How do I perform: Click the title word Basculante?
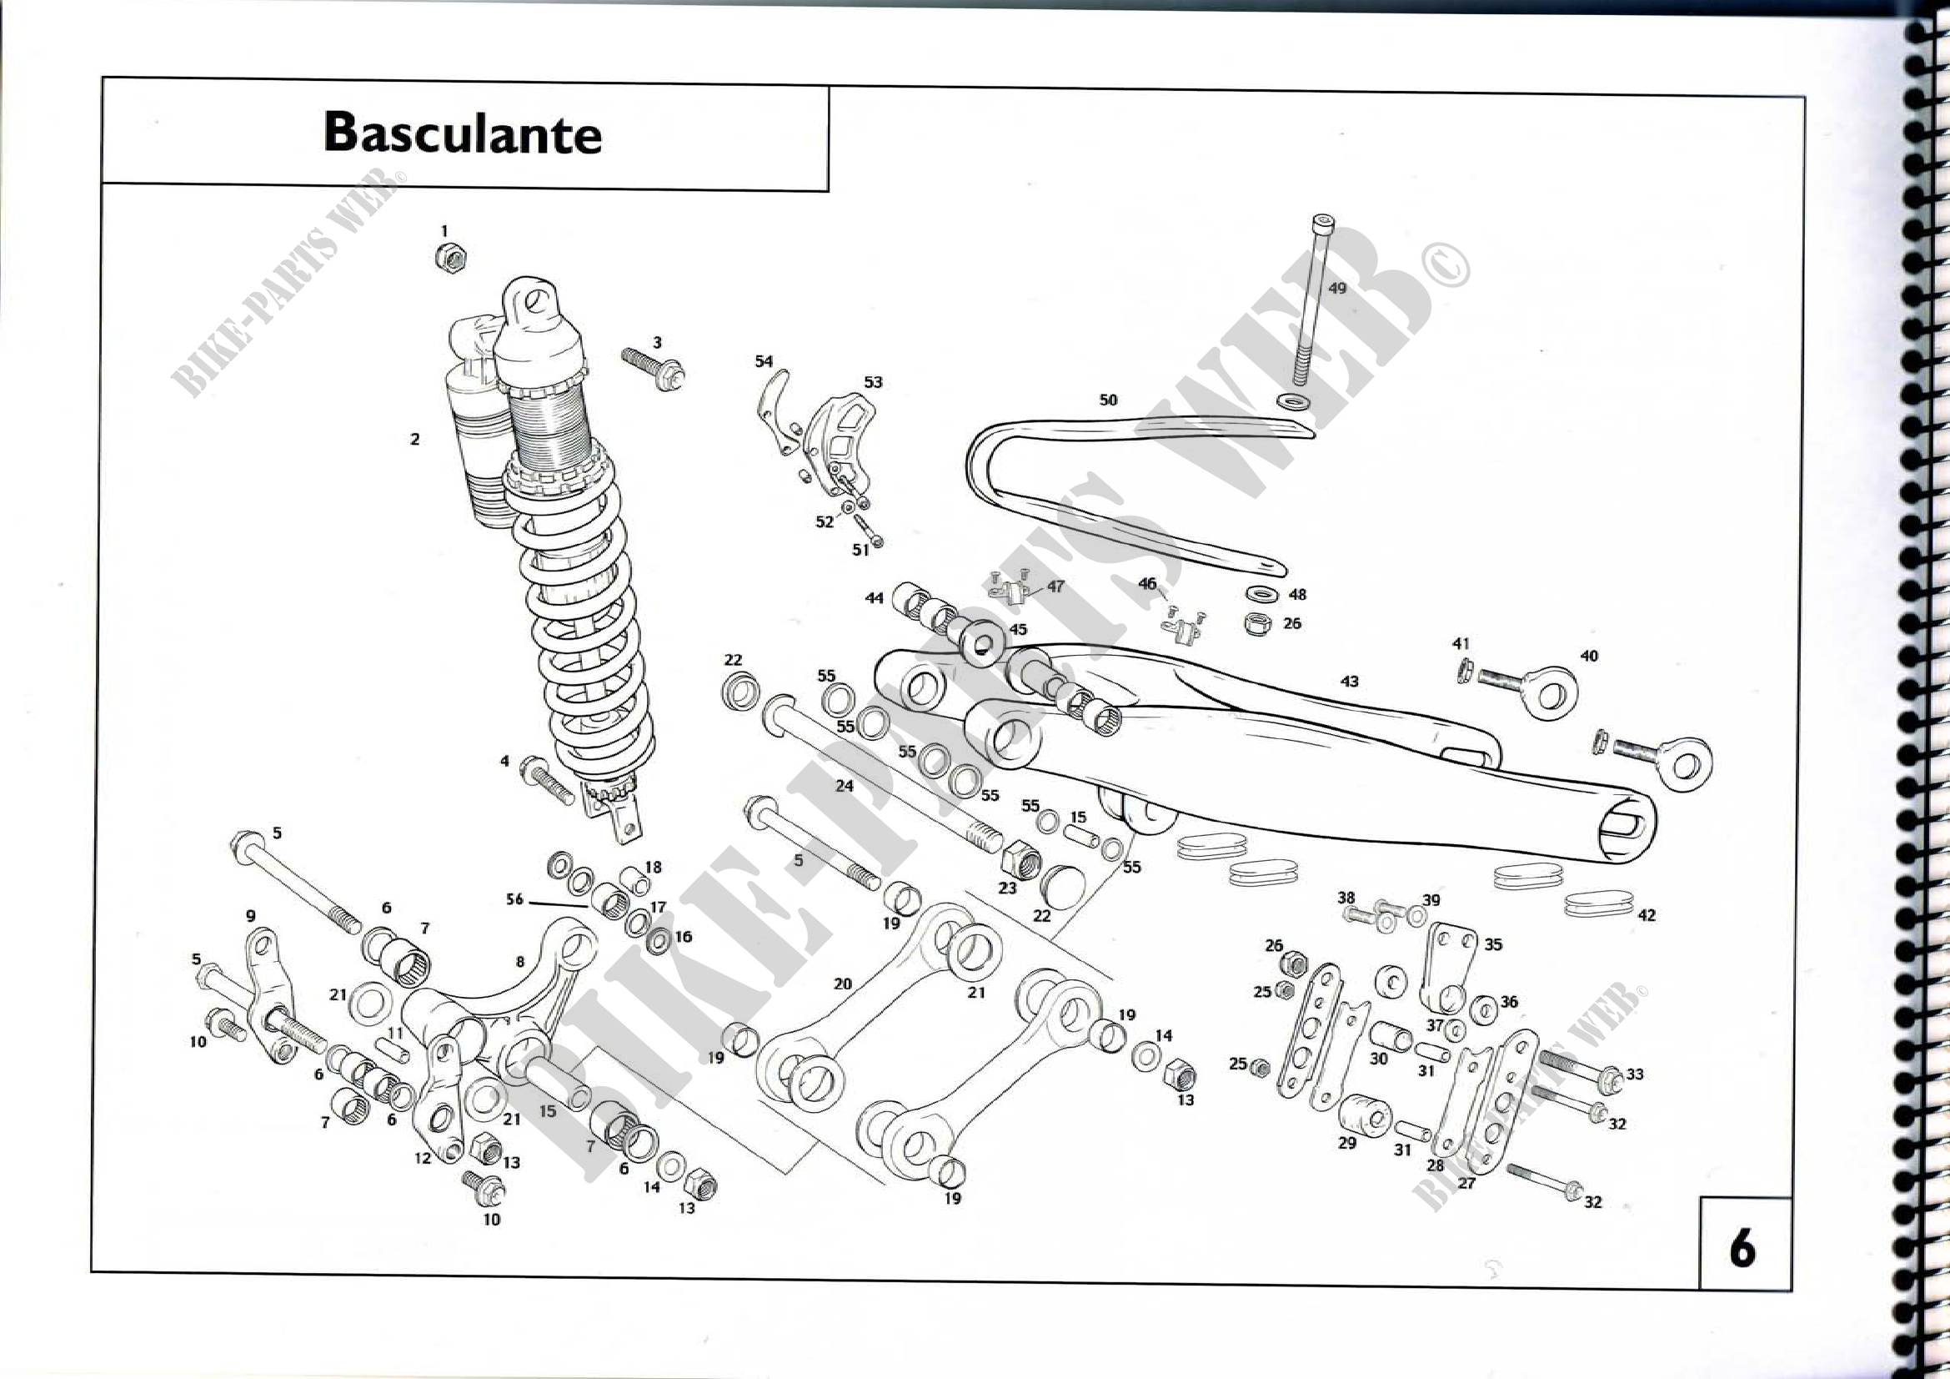pos(462,133)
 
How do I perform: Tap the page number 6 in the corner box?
pos(1742,1248)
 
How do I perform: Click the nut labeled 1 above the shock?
pos(450,257)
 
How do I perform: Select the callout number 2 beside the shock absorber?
pos(414,440)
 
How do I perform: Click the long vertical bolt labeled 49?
pos(1311,306)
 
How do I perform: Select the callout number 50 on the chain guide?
pos(1108,400)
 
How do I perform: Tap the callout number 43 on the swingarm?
pos(1349,682)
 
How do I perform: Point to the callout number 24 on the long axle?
pos(844,786)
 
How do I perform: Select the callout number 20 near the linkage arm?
pos(842,984)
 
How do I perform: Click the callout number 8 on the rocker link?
pos(519,962)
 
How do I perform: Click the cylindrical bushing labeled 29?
pos(1365,1115)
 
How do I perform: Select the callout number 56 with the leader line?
pos(514,899)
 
